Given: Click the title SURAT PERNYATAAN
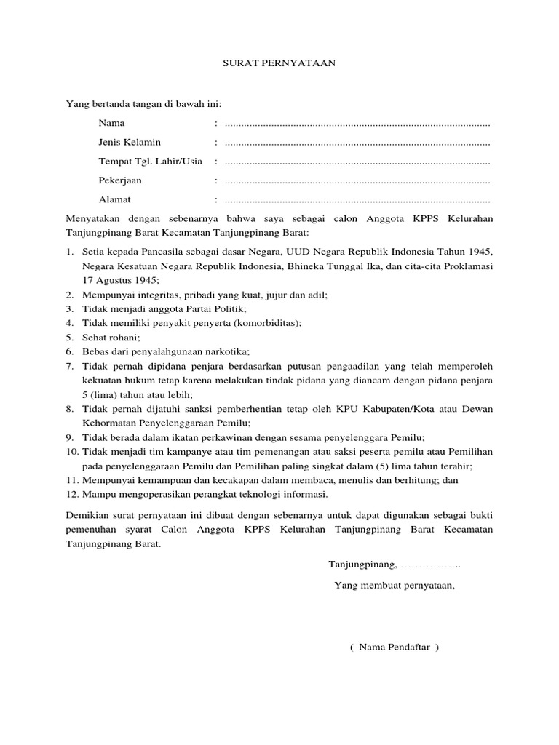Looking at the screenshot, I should pyautogui.click(x=279, y=63).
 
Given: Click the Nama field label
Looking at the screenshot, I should pyautogui.click(x=111, y=123).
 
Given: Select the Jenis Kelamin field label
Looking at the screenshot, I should pyautogui.click(x=130, y=142).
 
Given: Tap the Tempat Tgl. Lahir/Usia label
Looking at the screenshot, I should pyautogui.click(x=150, y=161).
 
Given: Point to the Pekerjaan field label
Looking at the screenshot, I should pyautogui.click(x=120, y=180).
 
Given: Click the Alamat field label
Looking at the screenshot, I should pyautogui.click(x=115, y=199).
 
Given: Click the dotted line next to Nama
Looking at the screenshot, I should pyautogui.click(x=357, y=124).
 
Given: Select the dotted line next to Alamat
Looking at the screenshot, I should pyautogui.click(x=357, y=199).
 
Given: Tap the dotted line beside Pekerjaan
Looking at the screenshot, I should pyautogui.click(x=357, y=180).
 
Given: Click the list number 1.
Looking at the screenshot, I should pyautogui.click(x=69, y=251).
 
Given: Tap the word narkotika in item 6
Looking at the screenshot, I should pyautogui.click(x=226, y=351).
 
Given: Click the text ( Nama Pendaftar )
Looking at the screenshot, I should pyautogui.click(x=395, y=647).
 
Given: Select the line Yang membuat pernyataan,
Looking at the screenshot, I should pyautogui.click(x=395, y=584).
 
